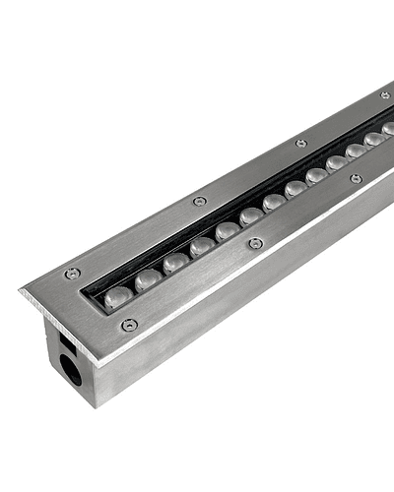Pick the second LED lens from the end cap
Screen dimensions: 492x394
click(148, 278)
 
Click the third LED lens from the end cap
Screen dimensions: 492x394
click(175, 262)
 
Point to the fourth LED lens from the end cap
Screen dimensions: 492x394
click(202, 246)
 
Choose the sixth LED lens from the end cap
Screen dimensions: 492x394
click(251, 215)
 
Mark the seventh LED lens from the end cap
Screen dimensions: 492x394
click(274, 202)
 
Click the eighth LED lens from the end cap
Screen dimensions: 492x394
click(295, 188)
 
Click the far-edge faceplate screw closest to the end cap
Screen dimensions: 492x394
click(71, 275)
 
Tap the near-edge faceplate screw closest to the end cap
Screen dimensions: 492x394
click(129, 326)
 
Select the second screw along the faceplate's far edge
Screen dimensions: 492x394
click(199, 201)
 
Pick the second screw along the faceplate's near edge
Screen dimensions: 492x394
click(256, 243)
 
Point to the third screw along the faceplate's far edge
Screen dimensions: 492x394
click(300, 143)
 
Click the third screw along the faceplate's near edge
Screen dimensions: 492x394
click(356, 179)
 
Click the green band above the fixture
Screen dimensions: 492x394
click(197, 24)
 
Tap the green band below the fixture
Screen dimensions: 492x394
click(197, 467)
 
